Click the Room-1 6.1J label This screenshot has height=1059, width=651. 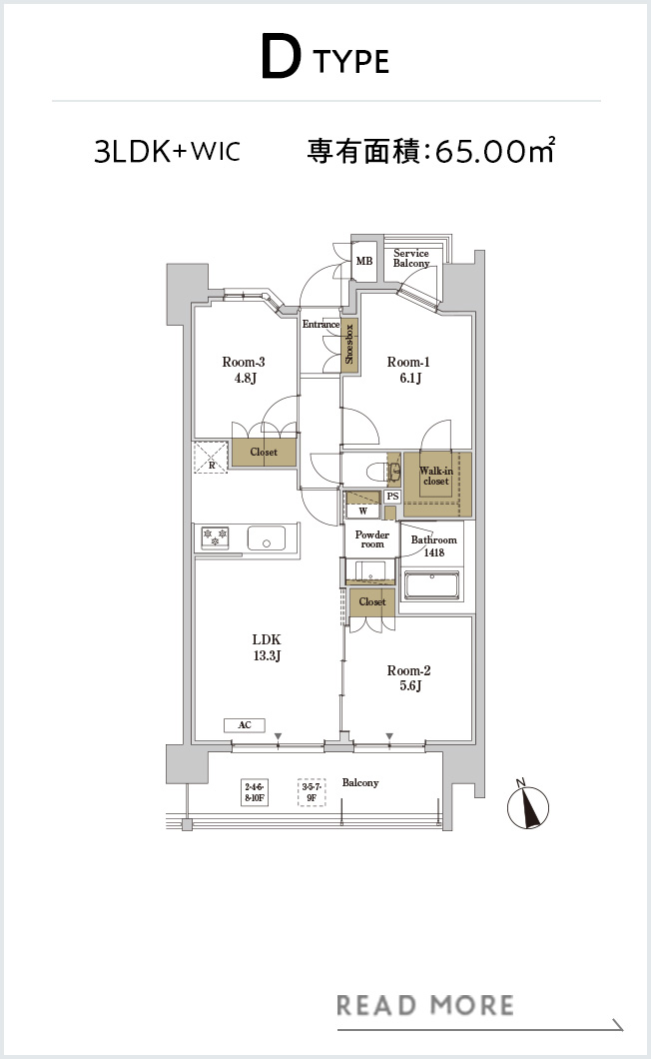click(x=408, y=370)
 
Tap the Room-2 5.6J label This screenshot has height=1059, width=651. click(x=408, y=678)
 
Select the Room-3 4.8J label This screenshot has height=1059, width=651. click(x=244, y=370)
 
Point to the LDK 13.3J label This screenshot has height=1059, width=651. click(x=267, y=647)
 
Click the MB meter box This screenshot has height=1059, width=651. click(x=364, y=262)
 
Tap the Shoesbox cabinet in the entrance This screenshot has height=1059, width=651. click(x=349, y=344)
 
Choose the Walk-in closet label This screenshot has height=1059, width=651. click(x=436, y=476)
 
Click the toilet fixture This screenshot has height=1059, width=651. click(x=381, y=470)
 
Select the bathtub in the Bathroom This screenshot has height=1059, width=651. click(x=432, y=584)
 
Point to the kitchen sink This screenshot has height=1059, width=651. click(x=266, y=538)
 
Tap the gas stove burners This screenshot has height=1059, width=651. click(x=215, y=537)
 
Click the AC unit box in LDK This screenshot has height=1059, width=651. click(x=245, y=725)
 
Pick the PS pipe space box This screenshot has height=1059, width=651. click(x=393, y=497)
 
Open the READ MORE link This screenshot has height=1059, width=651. click(x=424, y=1006)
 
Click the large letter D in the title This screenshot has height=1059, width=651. click(x=281, y=58)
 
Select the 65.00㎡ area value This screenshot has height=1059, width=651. click(x=495, y=151)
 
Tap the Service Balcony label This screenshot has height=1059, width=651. click(x=411, y=258)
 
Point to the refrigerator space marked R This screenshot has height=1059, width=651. click(x=212, y=458)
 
